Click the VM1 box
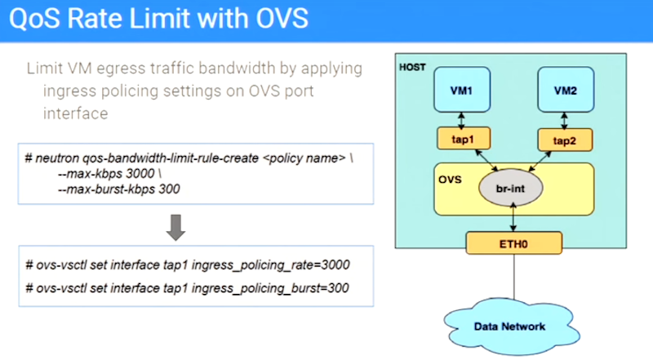tap(462, 90)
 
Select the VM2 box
tap(566, 90)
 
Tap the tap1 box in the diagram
tap(464, 138)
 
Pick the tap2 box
tap(565, 140)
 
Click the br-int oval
tap(511, 188)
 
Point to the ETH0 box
tap(514, 243)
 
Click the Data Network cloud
tap(511, 327)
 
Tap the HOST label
tap(412, 67)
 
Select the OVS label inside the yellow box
tap(450, 180)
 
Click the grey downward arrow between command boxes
tap(175, 228)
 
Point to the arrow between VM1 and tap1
tap(461, 120)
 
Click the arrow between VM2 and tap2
tap(564, 121)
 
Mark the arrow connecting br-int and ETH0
tap(513, 216)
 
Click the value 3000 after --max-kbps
tap(140, 173)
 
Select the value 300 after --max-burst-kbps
tap(169, 189)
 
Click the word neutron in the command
tap(57, 158)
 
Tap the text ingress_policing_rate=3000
tap(271, 265)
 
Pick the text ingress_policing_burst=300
tap(270, 288)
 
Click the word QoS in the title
tap(34, 19)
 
